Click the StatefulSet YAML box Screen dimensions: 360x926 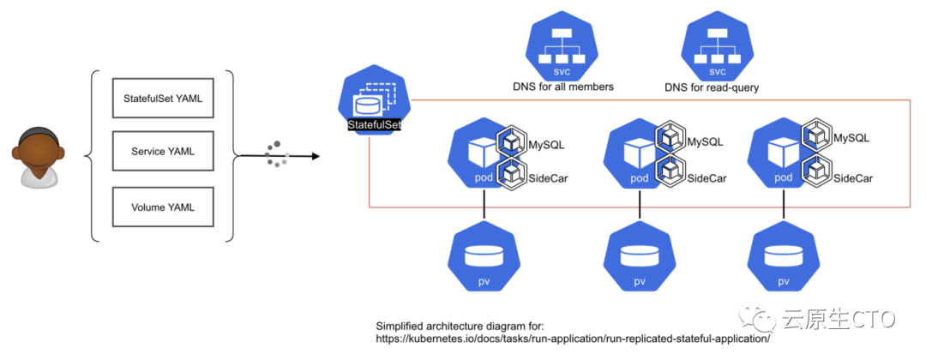(162, 99)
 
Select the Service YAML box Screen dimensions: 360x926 (162, 153)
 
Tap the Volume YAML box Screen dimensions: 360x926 (162, 207)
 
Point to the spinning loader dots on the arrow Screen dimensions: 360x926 (276, 153)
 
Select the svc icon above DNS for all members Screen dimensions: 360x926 (562, 47)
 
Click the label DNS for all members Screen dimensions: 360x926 (562, 87)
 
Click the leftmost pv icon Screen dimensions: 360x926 (484, 258)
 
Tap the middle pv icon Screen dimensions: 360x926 (640, 258)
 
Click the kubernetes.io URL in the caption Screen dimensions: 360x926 (574, 339)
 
